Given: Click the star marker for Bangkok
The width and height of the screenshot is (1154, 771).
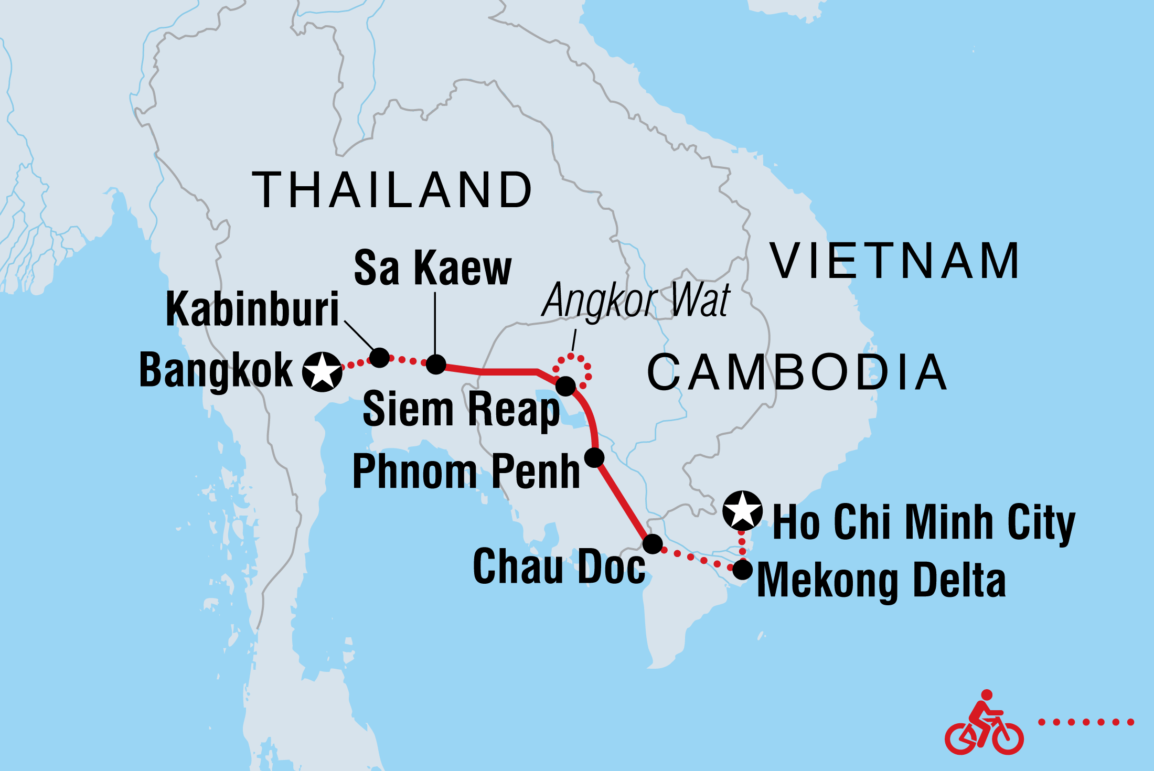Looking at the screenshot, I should (322, 371).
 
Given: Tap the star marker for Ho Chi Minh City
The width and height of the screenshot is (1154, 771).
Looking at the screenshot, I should (742, 510).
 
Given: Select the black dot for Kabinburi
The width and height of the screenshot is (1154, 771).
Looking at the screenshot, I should (380, 357).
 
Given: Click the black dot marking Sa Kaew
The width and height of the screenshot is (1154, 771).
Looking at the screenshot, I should (436, 364).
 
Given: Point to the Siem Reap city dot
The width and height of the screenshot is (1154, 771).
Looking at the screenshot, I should (565, 386).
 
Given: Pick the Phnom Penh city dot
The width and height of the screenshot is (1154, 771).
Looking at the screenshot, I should (594, 457).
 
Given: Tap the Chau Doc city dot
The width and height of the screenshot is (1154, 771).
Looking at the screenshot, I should (653, 544).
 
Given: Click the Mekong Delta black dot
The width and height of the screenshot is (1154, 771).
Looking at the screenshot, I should (742, 570).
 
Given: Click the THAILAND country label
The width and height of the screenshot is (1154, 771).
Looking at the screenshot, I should (392, 190).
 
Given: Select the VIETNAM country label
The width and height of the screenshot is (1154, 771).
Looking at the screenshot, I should (895, 261).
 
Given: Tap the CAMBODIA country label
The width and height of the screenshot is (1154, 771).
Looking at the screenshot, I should (797, 372).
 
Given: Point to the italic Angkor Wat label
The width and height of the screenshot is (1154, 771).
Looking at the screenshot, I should (636, 300).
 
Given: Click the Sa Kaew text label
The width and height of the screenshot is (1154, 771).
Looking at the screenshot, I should (432, 268).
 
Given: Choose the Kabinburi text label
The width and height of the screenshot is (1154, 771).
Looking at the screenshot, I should (252, 309).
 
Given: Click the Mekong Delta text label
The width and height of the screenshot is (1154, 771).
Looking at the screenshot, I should (881, 581).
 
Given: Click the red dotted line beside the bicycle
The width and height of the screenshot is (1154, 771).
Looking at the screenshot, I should (1086, 722).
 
